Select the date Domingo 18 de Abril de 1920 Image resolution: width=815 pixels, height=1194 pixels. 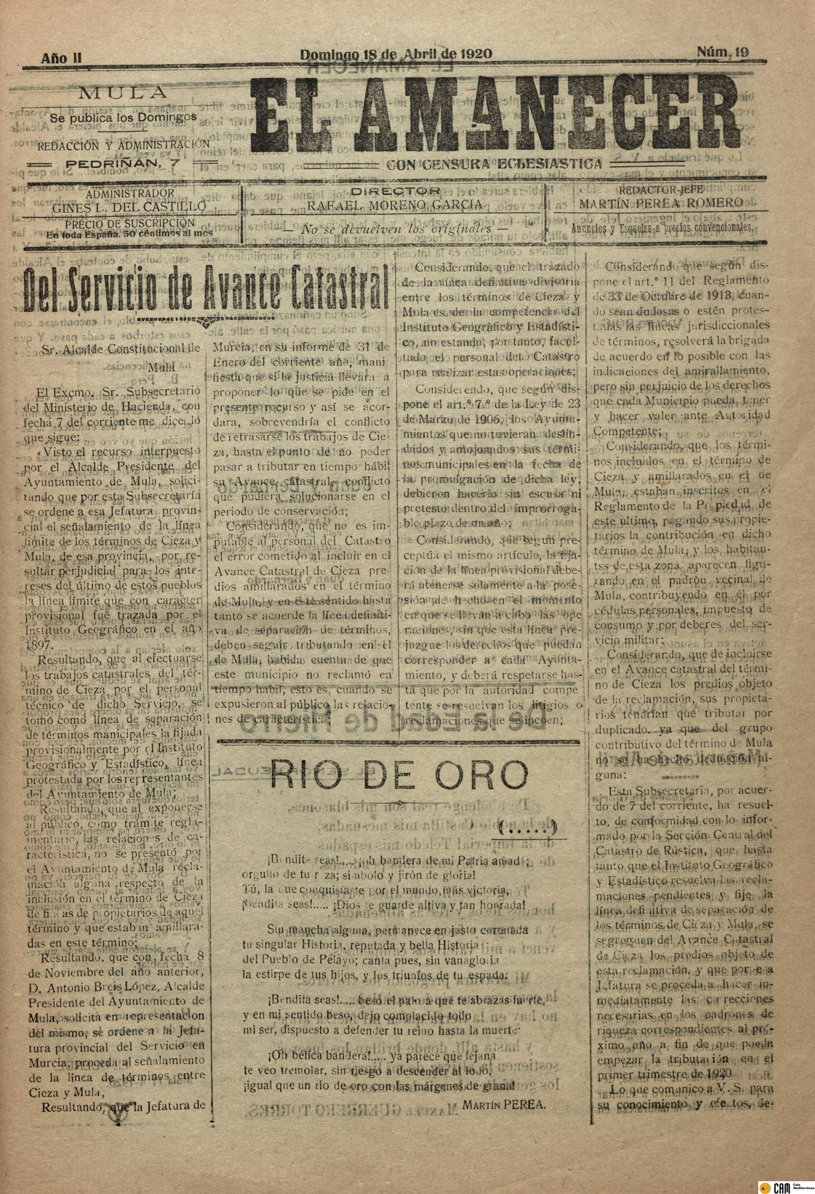pos(395,53)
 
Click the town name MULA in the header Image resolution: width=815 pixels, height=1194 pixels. pos(123,93)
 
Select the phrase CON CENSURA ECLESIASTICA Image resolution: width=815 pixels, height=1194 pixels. pos(494,164)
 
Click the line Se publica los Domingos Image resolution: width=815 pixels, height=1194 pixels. pos(123,117)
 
